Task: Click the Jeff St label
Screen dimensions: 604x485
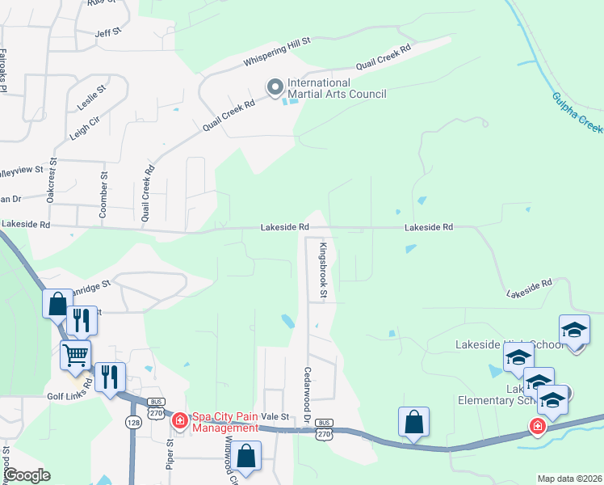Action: [107, 32]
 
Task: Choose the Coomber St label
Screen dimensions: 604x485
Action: [103, 194]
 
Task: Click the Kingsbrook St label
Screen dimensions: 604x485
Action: [321, 270]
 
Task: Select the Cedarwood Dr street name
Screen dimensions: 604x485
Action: [308, 394]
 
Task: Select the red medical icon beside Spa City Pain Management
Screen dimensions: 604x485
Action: [179, 420]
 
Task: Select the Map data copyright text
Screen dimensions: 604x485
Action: [569, 479]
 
